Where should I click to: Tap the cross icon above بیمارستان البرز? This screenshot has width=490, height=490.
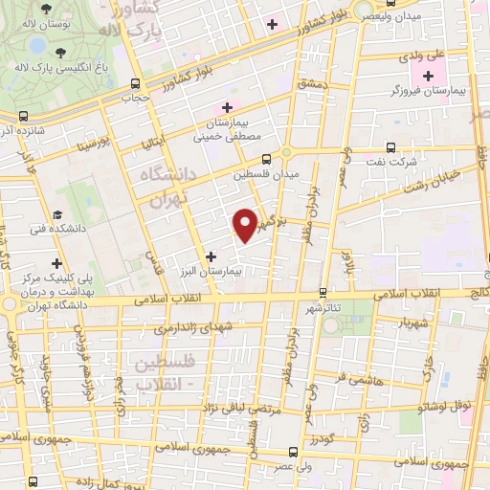tap(211, 256)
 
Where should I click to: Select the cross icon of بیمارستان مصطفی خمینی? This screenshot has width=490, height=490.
tap(227, 107)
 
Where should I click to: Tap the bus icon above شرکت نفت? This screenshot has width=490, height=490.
tap(390, 146)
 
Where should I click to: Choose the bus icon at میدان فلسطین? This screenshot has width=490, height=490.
tap(265, 159)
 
